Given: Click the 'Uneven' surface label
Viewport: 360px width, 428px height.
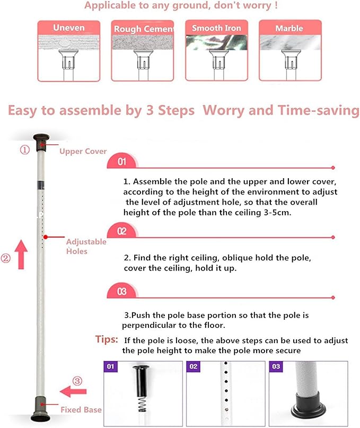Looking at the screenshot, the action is coord(69,28).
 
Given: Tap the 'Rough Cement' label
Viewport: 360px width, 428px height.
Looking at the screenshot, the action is coord(144,29).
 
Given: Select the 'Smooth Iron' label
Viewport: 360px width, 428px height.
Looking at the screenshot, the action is coord(216,28).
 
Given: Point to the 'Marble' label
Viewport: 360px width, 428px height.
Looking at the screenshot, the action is coord(289,29).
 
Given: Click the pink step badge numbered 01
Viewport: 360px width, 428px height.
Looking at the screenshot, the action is coord(122,161).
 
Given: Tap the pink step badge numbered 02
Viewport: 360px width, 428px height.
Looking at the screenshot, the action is coord(122,231).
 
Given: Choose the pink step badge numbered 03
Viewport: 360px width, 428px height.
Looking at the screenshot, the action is coord(122,291).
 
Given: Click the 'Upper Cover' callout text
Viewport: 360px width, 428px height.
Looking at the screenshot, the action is coord(83,151).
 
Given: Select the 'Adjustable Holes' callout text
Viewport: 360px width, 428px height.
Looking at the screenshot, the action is coord(86,246).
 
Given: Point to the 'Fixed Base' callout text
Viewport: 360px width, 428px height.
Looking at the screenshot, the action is coord(81,409).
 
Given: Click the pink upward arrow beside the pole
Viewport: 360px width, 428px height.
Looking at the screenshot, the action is coord(21,255).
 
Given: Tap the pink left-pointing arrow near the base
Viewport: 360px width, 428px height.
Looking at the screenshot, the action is coord(73,391).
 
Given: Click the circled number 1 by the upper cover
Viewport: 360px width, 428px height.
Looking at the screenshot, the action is coord(24,150).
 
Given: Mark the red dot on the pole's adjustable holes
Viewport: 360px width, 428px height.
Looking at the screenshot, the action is coord(46,237).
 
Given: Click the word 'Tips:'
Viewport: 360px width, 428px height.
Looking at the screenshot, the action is coord(107,339).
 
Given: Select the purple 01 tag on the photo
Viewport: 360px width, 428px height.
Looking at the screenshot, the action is coord(110,366).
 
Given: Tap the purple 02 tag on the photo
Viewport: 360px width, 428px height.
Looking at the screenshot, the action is coord(193,366).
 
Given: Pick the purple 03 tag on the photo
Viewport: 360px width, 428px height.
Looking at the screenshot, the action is coord(276,366).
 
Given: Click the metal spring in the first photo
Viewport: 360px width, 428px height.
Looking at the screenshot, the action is coord(142,404).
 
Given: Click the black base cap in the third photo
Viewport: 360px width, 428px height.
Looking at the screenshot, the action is coord(309,408).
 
